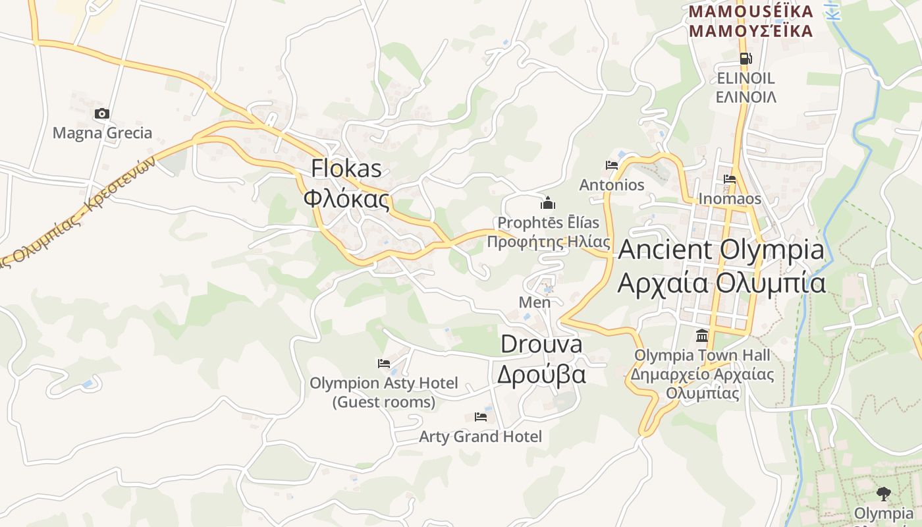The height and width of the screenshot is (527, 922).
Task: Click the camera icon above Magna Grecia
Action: tap(101, 114)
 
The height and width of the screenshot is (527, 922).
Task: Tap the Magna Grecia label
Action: tap(102, 133)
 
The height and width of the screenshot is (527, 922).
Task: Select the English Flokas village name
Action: tap(346, 168)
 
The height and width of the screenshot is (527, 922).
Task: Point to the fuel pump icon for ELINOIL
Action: tap(746, 59)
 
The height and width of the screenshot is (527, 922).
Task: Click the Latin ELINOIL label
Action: tap(746, 78)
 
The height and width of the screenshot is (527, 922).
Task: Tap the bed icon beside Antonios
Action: tap(612, 165)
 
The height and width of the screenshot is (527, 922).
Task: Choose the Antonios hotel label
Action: tap(612, 185)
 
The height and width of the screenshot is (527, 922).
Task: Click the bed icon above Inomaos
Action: tap(730, 179)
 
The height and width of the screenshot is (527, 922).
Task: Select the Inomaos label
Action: tap(730, 199)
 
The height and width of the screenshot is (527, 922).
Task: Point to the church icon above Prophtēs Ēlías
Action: tap(548, 203)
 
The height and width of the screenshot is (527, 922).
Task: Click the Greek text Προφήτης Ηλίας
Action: tap(548, 242)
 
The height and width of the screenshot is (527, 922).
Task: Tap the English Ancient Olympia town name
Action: tap(721, 250)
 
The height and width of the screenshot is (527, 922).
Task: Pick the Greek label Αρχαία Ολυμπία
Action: tap(721, 283)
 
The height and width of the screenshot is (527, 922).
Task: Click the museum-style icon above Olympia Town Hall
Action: tap(702, 337)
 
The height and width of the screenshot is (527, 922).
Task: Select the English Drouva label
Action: tap(541, 344)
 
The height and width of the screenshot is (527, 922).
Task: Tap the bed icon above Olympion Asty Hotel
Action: tap(384, 363)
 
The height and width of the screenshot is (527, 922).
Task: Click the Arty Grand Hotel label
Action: tap(481, 436)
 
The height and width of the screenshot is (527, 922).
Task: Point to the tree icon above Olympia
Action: tap(883, 493)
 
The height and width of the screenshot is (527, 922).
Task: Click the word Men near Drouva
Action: tap(535, 302)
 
